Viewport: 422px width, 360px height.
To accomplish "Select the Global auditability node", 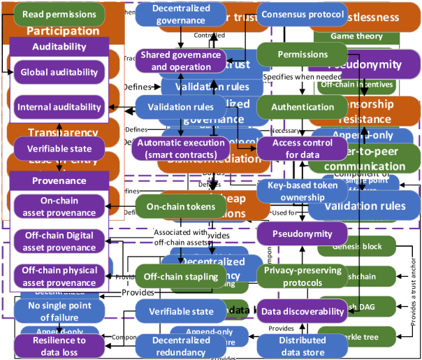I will pos(59,72).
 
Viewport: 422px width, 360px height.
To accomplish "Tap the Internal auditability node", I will pos(59,107).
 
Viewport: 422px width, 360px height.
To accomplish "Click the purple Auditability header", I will pos(59,47).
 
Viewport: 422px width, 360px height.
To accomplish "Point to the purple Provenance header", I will pos(59,180).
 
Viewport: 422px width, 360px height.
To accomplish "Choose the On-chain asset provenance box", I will pos(59,206).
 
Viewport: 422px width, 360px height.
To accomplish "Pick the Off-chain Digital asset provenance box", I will pos(59,241).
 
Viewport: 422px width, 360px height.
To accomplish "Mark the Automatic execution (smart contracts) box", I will pos(181,147).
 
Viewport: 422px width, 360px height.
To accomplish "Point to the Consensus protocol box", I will pos(303,14).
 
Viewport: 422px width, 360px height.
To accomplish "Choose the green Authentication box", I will pos(303,107).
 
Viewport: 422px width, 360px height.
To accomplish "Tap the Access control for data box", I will pos(303,147).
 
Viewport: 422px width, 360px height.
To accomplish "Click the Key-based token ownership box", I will pos(303,192).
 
